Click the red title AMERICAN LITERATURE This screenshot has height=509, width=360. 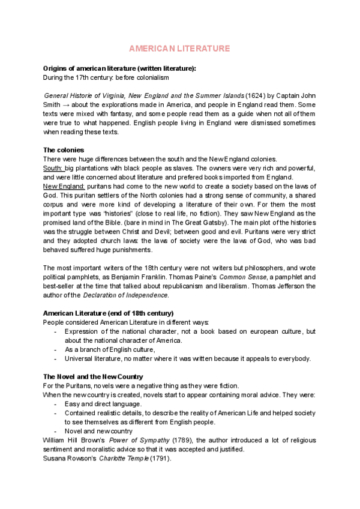180,48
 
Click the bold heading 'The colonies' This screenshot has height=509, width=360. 64,149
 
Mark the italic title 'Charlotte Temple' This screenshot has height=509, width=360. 126,458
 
